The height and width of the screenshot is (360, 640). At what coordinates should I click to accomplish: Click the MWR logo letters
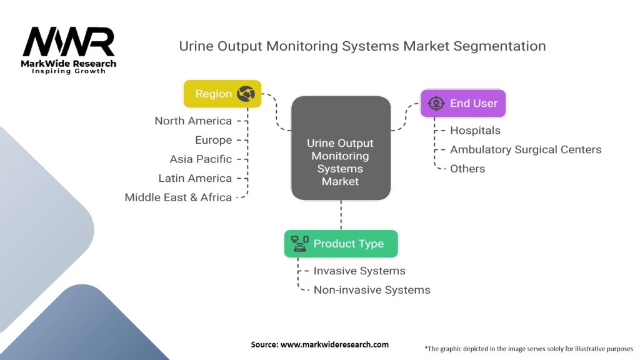(69, 42)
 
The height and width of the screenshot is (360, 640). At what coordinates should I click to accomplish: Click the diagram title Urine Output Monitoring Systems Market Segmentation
(362, 46)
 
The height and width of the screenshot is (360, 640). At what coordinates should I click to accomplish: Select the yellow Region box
(222, 94)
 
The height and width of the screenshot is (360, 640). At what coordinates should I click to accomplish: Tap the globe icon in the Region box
(246, 94)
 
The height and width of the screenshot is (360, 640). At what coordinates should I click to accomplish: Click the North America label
(193, 121)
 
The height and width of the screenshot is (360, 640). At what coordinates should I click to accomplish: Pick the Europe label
(213, 140)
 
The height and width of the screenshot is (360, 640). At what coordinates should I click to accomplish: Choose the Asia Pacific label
(201, 159)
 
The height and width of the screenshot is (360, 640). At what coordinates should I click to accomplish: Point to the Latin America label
(195, 178)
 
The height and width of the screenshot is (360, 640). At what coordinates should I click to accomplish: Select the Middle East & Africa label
(178, 197)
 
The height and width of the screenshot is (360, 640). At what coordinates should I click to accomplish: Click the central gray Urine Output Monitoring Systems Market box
(341, 148)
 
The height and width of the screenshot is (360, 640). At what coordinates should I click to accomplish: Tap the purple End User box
(462, 103)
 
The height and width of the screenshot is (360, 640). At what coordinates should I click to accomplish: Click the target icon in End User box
(436, 103)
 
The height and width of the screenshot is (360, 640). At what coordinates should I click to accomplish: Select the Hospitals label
(475, 130)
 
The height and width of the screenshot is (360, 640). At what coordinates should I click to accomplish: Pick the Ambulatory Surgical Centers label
(526, 149)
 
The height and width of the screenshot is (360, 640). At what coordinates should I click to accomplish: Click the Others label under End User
(467, 168)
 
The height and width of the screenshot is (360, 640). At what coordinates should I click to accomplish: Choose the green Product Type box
(341, 244)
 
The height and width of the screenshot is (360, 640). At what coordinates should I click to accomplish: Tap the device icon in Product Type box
(300, 244)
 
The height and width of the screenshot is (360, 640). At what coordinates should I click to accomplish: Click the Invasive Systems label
(359, 271)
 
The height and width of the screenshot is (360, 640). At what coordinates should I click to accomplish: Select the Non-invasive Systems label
(372, 289)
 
